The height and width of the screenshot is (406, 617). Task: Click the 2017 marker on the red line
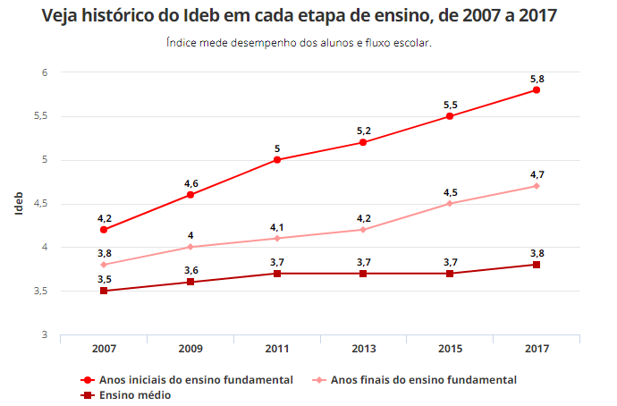point(537,90)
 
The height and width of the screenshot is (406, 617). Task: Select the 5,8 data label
point(537,80)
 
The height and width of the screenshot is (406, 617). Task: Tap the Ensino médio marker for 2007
point(104,291)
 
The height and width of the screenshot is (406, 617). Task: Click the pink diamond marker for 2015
point(450,204)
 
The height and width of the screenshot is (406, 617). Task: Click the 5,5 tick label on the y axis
point(40,116)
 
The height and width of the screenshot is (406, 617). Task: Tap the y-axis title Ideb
point(19,203)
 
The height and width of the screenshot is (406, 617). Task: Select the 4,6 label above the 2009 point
point(190,183)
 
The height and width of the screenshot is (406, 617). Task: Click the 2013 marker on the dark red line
point(363,274)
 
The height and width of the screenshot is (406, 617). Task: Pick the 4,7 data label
point(537,175)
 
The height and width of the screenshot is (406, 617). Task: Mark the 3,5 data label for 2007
point(104,280)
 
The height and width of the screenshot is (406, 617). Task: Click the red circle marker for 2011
point(277,160)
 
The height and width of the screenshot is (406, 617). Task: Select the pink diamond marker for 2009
point(190,247)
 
